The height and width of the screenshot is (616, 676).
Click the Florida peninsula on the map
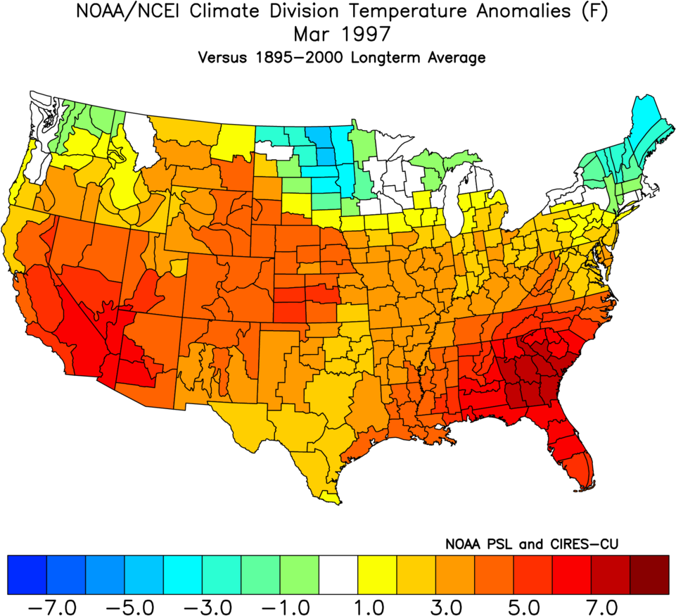pyautogui.click(x=573, y=451)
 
